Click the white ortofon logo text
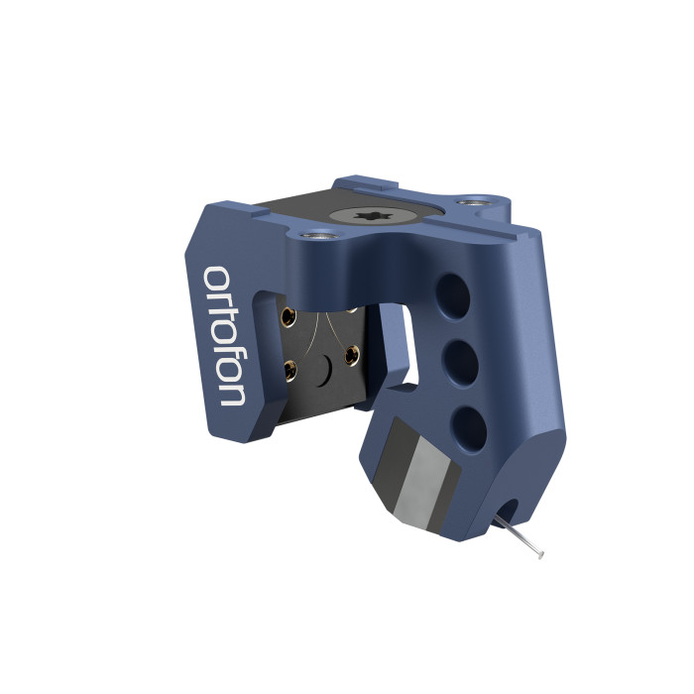(x=224, y=336)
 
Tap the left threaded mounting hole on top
(x=318, y=233)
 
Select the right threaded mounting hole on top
(x=474, y=202)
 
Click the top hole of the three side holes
(x=452, y=296)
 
